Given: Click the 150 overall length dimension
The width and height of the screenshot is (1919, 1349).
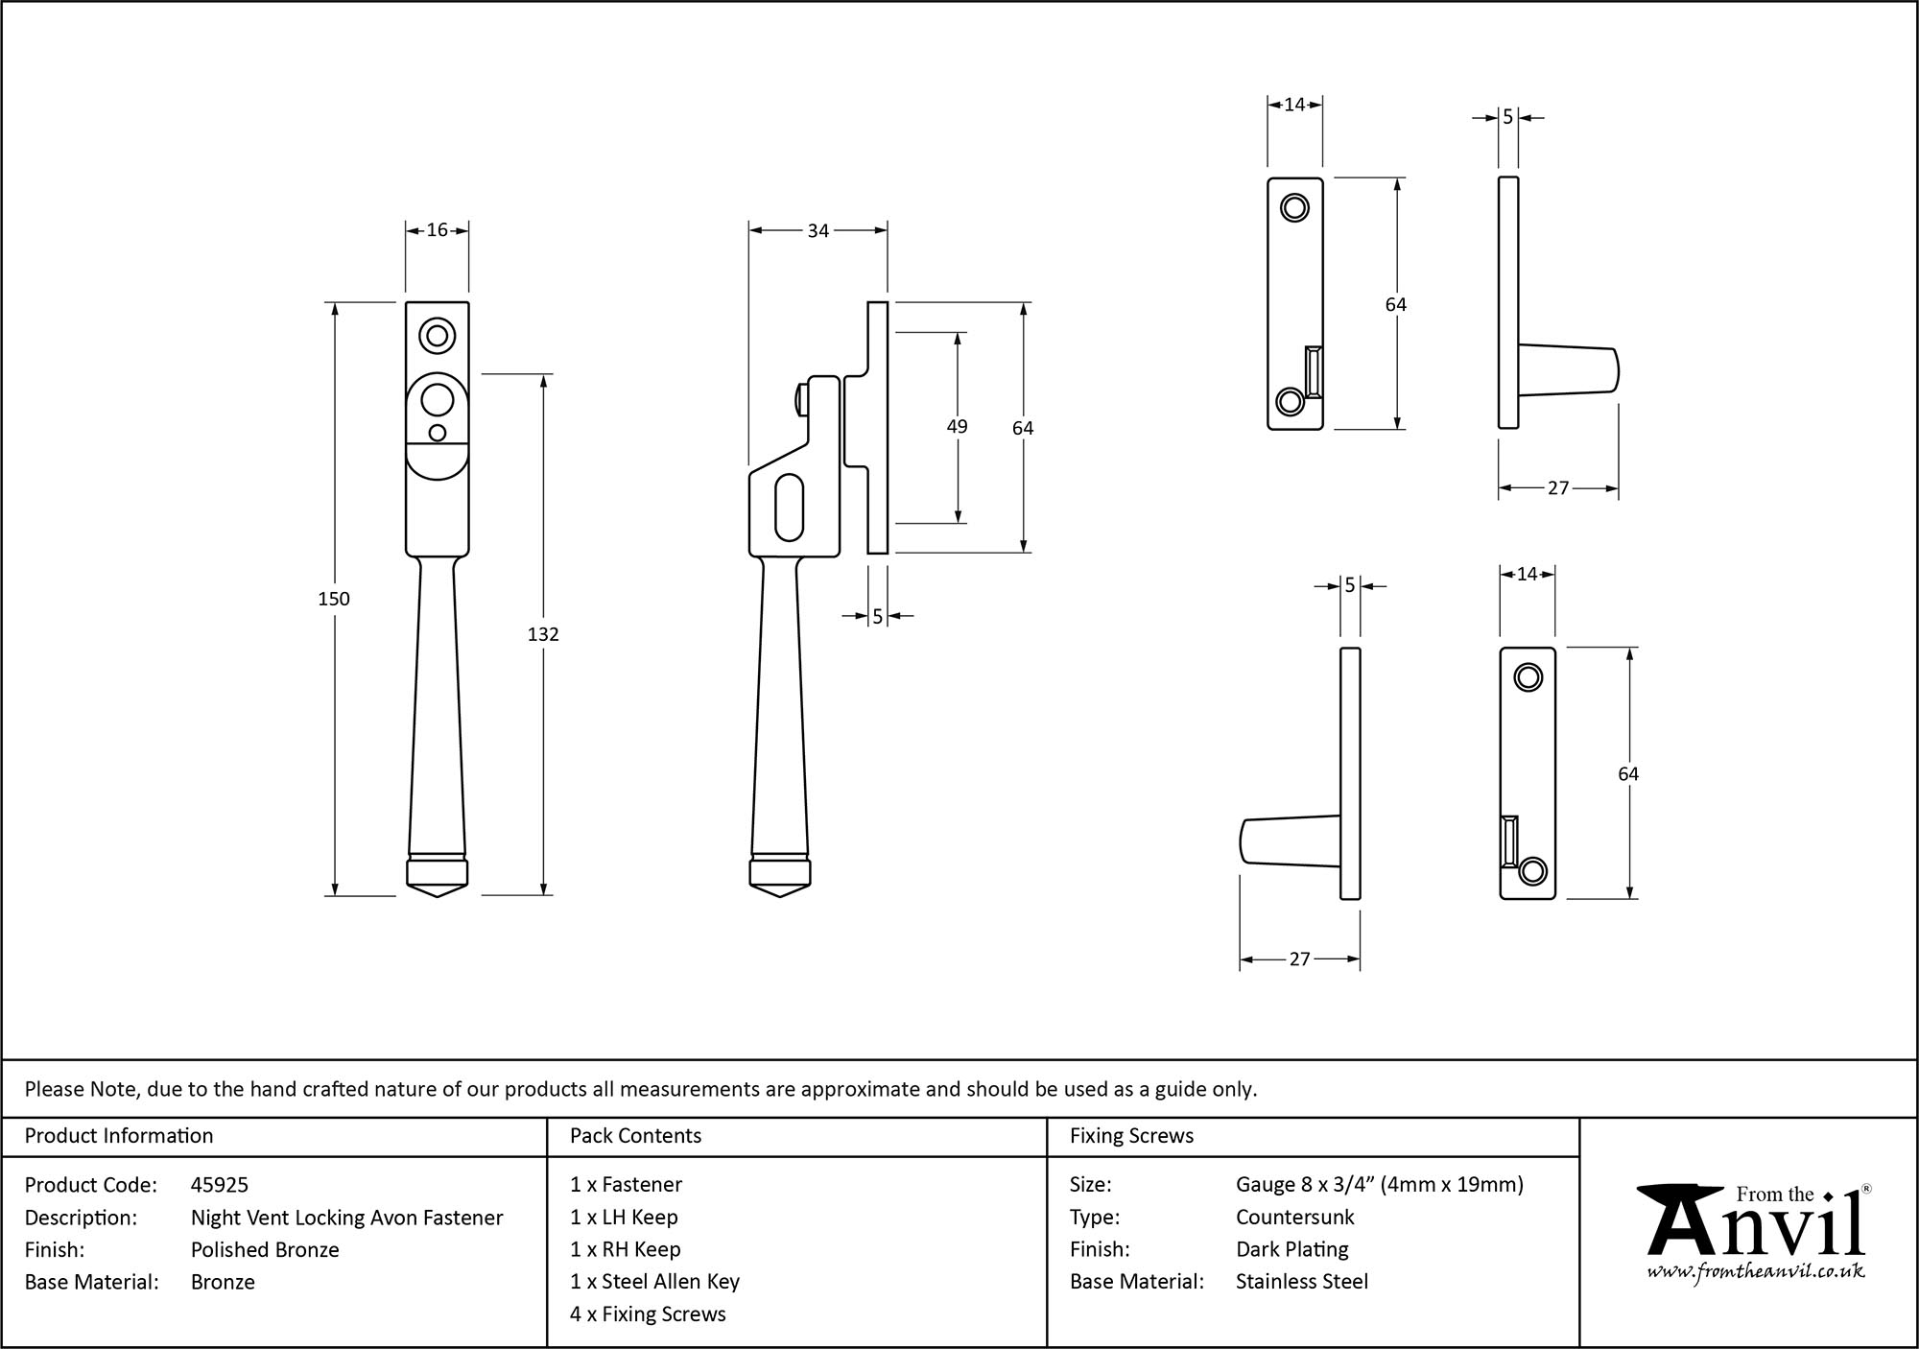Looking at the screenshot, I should pyautogui.click(x=334, y=599).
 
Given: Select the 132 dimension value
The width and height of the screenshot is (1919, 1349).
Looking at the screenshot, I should pyautogui.click(x=543, y=634).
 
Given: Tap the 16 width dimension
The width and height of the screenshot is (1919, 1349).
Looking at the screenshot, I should pyautogui.click(x=437, y=230).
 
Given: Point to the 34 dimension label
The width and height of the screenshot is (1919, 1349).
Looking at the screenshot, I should pyautogui.click(x=817, y=231).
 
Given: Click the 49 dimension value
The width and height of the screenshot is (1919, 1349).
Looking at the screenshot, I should pyautogui.click(x=957, y=427).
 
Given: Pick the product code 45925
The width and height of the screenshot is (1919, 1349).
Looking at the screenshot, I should pyautogui.click(x=220, y=1185).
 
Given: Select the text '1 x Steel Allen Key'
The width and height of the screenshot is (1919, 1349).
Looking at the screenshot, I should pyautogui.click(x=654, y=1282).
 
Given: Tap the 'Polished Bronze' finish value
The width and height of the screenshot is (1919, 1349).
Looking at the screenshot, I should pyautogui.click(x=265, y=1249).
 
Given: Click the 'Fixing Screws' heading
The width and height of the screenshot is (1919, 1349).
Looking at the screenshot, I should pyautogui.click(x=1131, y=1136).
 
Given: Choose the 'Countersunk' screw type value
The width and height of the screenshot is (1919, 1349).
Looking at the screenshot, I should pyautogui.click(x=1294, y=1218).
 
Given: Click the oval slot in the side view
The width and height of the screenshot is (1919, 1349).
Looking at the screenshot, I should pyautogui.click(x=789, y=507).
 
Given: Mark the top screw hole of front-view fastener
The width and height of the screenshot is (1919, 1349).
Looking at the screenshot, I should pyautogui.click(x=438, y=336).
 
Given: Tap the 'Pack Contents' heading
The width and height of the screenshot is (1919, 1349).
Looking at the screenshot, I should pyautogui.click(x=635, y=1136).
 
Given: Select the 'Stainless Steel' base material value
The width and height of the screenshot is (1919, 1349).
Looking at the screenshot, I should pyautogui.click(x=1301, y=1282).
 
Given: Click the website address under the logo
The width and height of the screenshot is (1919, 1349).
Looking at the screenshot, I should pyautogui.click(x=1755, y=1271).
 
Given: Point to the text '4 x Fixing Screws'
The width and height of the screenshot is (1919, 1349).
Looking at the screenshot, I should pyautogui.click(x=648, y=1314).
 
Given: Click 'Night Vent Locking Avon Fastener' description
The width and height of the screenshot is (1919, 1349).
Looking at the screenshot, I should pyautogui.click(x=346, y=1218).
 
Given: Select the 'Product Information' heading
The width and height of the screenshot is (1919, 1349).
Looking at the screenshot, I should pyautogui.click(x=119, y=1136).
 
